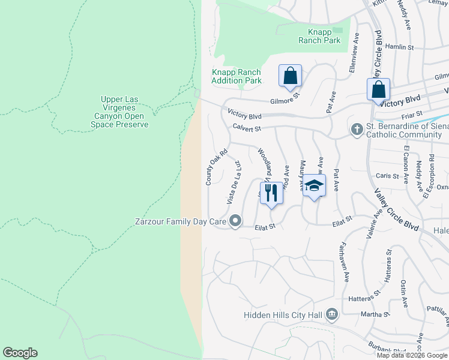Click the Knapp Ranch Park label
[x=319, y=36]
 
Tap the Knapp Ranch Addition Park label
[x=237, y=76]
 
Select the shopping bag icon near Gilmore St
[x=290, y=76]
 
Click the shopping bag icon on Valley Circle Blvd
[x=379, y=90]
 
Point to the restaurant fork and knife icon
[x=271, y=193]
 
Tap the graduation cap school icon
[x=313, y=186]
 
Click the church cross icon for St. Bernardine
[x=357, y=129]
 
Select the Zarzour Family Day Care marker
[x=236, y=221]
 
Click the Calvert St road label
[x=247, y=128]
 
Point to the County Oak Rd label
[x=217, y=167]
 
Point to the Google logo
[x=20, y=353]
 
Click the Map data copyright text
[x=412, y=355]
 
